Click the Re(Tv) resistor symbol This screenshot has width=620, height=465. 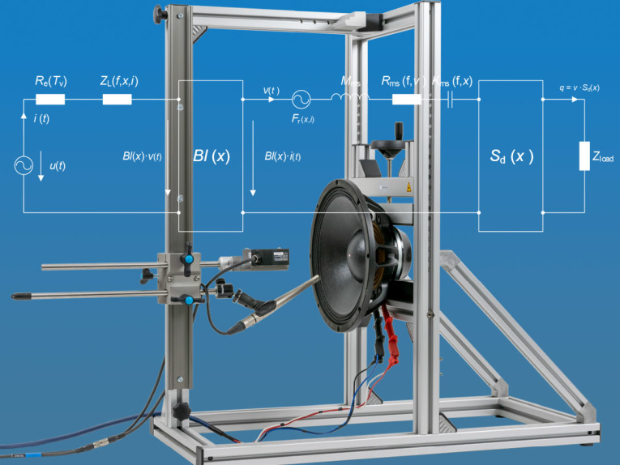click(50, 100)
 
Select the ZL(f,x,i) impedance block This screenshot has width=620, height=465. click(117, 100)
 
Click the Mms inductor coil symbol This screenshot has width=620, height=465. click(349, 100)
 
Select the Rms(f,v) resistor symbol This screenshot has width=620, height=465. click(406, 100)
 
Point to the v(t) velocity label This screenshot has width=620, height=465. click(272, 90)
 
